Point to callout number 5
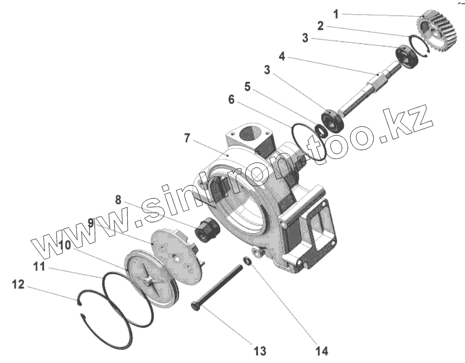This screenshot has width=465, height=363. click(247, 87)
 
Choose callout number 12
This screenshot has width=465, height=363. click(18, 286)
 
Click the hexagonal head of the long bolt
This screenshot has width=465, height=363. click(196, 305)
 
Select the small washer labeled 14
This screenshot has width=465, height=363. click(247, 261)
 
